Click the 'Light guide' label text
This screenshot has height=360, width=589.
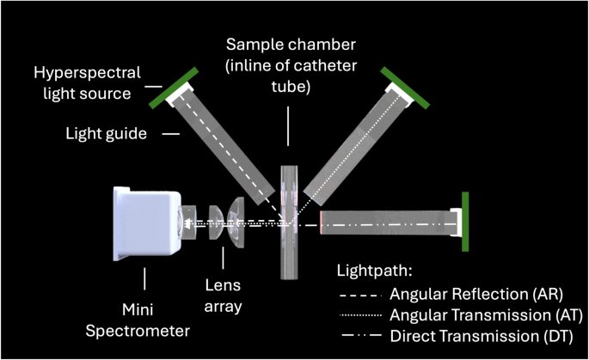click(x=107, y=133)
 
